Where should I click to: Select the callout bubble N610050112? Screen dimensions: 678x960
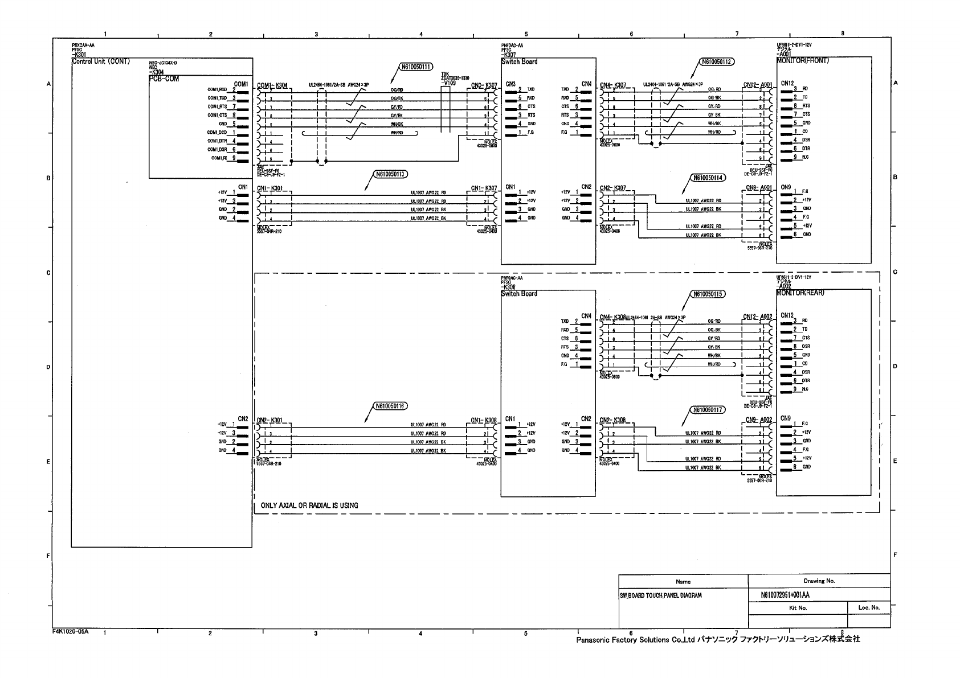(x=716, y=62)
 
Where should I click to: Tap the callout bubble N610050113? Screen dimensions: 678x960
(x=391, y=175)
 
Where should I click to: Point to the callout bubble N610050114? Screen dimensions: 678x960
(x=708, y=178)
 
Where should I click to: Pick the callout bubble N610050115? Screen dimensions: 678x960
(x=708, y=294)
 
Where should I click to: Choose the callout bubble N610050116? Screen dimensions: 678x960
(x=391, y=406)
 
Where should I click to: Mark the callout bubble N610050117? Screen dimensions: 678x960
(x=708, y=410)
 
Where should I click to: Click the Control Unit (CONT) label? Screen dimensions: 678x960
(x=101, y=61)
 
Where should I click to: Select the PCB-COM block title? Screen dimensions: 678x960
(x=164, y=79)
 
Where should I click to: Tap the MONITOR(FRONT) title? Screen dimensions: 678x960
(x=803, y=60)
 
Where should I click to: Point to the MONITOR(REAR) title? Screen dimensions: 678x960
(x=800, y=293)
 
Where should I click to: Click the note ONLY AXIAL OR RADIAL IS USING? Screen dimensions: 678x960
(x=309, y=506)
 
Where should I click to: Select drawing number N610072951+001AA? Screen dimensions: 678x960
(x=785, y=595)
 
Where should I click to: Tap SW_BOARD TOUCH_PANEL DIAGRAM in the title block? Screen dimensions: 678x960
(x=660, y=595)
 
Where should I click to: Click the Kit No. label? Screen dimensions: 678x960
(x=798, y=608)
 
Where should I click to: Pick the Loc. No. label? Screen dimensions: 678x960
(x=869, y=608)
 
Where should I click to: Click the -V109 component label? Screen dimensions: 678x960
(x=448, y=83)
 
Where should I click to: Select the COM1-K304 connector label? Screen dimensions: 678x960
(x=272, y=86)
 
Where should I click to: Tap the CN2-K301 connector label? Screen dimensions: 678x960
(x=269, y=421)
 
